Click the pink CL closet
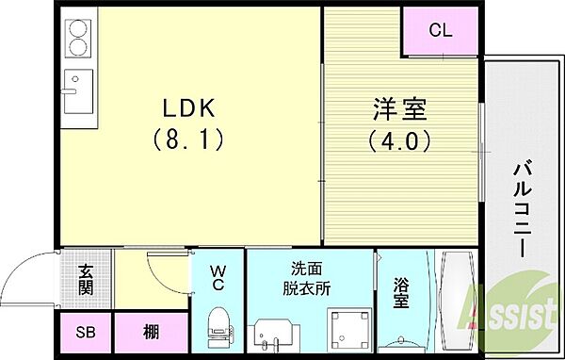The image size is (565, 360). pos(440,30)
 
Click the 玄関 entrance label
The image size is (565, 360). pos(83,280)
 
